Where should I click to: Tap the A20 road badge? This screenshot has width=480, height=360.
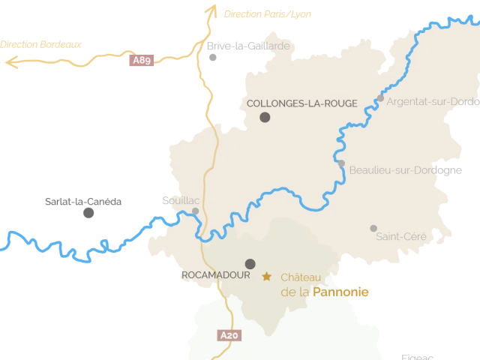(x=230, y=335)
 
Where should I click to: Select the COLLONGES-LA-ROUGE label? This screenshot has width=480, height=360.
(x=301, y=103)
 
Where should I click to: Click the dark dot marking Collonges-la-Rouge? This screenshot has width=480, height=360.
(x=265, y=117)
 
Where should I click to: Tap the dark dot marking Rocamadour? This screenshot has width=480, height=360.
(x=250, y=263)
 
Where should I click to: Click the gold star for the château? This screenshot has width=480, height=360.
(x=266, y=276)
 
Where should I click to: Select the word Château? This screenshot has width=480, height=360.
(x=300, y=277)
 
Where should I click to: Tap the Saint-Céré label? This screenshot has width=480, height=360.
(x=401, y=237)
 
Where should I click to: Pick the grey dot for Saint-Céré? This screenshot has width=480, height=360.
(x=373, y=228)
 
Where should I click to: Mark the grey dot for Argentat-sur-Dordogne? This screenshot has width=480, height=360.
(x=381, y=98)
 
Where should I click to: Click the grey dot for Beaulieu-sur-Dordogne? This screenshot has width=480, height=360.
(x=341, y=163)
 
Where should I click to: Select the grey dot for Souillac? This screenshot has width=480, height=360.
(x=196, y=211)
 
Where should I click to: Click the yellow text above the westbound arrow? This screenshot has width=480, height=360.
(x=41, y=44)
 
